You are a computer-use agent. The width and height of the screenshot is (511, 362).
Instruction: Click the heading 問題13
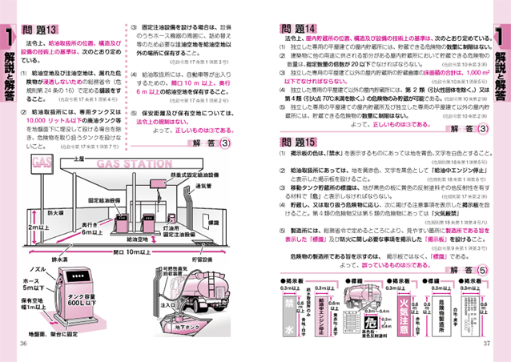coord(42,30)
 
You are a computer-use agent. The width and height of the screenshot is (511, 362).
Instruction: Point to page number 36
coord(23,345)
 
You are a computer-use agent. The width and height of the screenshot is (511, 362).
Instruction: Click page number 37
coord(485,345)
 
